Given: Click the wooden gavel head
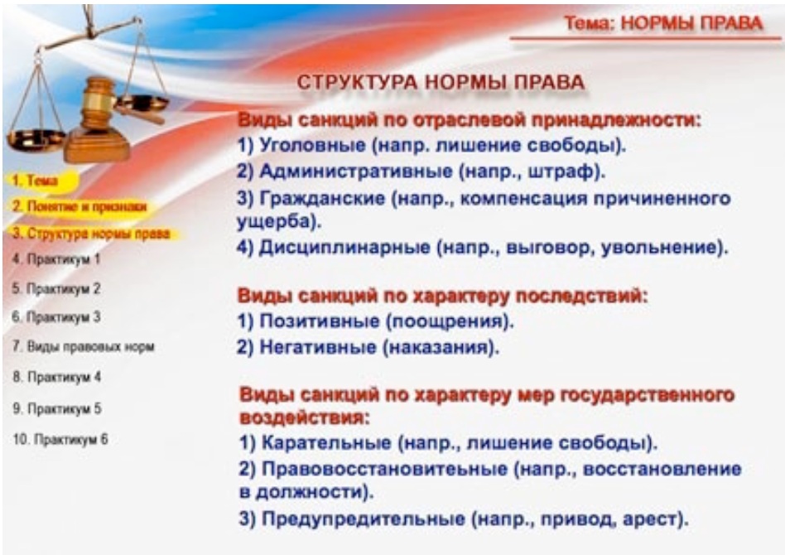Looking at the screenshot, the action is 97,97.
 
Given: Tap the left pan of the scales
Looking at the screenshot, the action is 34,138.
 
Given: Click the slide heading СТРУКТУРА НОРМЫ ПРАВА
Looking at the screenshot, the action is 441,82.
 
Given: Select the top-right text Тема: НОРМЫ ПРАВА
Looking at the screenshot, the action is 664,23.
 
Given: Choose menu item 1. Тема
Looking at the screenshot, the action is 35,181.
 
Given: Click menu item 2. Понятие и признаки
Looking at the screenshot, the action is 79,206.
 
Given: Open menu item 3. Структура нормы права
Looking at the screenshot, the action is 91,234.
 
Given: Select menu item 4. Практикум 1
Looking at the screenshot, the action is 56,259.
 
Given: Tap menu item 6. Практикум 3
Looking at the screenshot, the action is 56,317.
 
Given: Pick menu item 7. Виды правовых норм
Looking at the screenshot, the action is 83,346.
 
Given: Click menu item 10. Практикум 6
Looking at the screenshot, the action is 60,439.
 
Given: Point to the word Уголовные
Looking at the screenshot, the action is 313,145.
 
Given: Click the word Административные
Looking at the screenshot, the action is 356,171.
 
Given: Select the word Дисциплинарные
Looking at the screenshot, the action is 344,248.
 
